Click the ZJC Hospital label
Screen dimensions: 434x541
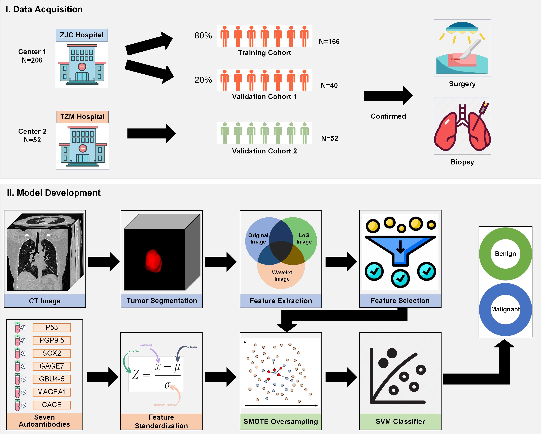[x=82, y=35]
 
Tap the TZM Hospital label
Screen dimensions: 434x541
[x=82, y=117]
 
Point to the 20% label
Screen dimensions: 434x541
[x=203, y=80]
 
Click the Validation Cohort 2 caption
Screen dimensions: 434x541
[x=264, y=151]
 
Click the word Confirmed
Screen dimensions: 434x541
[x=388, y=116]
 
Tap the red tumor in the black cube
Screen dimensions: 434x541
[x=153, y=261]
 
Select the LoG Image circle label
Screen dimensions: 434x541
[x=304, y=239]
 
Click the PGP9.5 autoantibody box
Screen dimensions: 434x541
[x=52, y=340]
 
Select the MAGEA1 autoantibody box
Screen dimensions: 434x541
[x=52, y=392]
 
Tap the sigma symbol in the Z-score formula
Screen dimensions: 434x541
[x=167, y=385]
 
